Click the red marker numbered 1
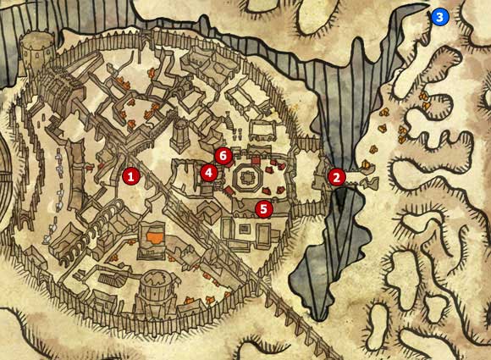[x=130, y=175]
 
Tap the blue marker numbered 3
[x=439, y=15]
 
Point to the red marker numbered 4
[x=208, y=172]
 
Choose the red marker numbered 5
[x=264, y=208]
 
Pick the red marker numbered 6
[x=223, y=155]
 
